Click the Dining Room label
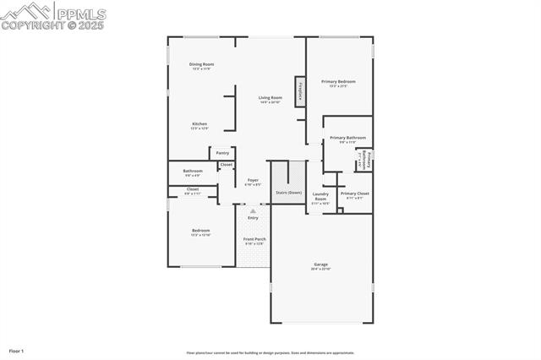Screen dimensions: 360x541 pos(201,64)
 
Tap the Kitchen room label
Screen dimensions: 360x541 pos(199,124)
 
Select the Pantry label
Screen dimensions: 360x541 pos(222,153)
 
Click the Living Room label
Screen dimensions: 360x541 pos(270,98)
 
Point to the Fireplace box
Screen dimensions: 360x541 pos(299,91)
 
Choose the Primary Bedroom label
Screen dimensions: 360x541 pos(338,82)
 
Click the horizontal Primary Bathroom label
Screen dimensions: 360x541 pos(347,138)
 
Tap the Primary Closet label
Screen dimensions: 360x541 pos(355,194)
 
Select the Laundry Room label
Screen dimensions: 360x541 pos(320,196)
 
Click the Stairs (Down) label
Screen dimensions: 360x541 pos(288,193)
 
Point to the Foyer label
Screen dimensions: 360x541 pos(253,180)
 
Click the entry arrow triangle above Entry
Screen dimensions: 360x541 pos(253,211)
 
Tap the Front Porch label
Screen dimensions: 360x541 pos(254,239)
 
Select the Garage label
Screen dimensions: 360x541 pos(321,265)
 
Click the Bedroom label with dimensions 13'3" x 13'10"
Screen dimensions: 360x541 pos(200,231)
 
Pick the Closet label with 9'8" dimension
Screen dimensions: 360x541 pos(193,189)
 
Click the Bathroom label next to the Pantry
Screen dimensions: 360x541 pos(193,171)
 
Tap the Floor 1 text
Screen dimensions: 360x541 pos(16,350)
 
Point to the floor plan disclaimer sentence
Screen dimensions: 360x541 pos(270,353)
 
